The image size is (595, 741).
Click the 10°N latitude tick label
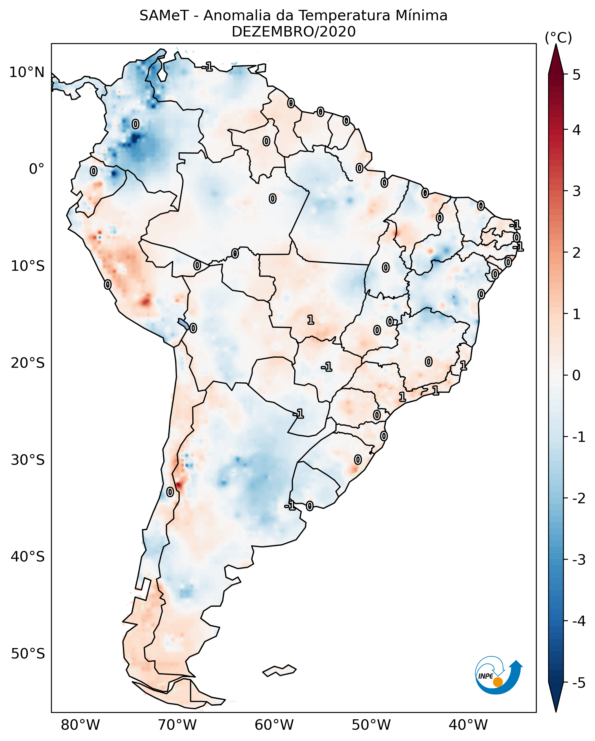(27, 72)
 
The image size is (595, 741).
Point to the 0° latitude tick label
(36, 169)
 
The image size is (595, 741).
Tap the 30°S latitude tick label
(28, 460)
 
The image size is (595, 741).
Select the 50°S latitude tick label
(28, 654)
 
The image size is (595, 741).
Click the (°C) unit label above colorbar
(558, 38)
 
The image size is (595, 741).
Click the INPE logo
(499, 675)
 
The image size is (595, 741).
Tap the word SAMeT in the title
(164, 16)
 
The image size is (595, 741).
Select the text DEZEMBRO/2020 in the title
(293, 32)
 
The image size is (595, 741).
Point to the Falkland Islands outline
(279, 671)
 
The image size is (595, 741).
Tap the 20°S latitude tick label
(28, 363)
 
